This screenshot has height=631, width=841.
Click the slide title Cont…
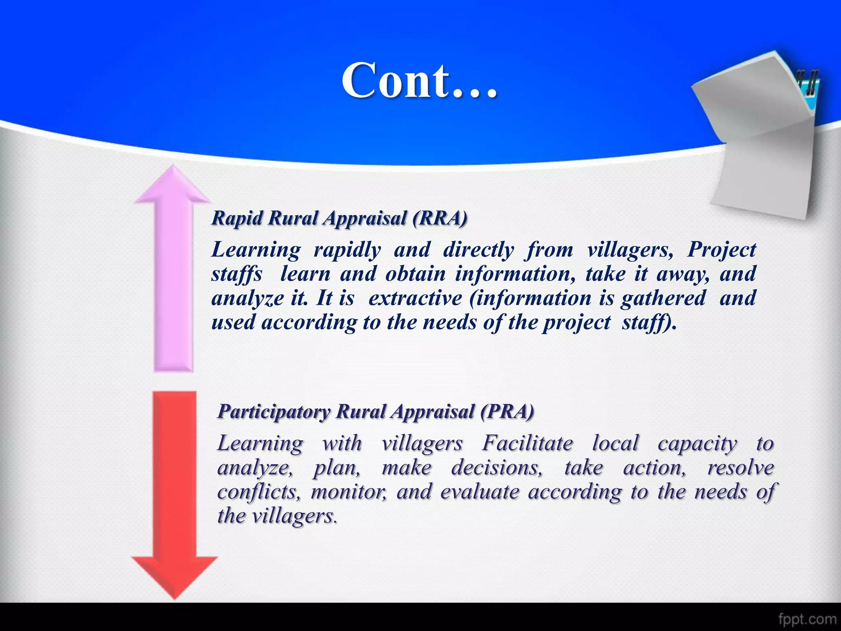point(419,81)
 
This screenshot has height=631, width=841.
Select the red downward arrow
point(175,493)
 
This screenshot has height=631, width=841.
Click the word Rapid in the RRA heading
point(237,218)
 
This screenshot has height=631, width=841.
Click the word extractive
point(415,298)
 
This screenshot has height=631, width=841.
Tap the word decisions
point(496,467)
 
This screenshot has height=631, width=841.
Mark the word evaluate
point(480,492)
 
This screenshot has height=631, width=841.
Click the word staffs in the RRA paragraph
point(237,274)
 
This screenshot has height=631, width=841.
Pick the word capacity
point(697,444)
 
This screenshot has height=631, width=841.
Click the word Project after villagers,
point(722,249)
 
